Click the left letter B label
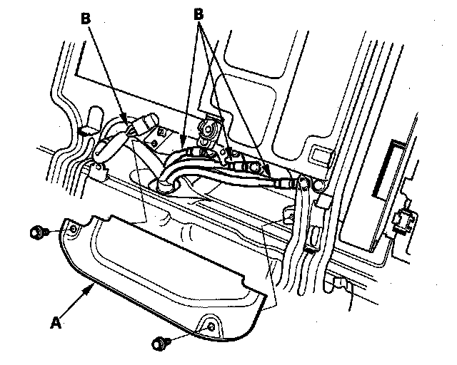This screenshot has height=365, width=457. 86,20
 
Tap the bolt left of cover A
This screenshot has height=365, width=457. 38,232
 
